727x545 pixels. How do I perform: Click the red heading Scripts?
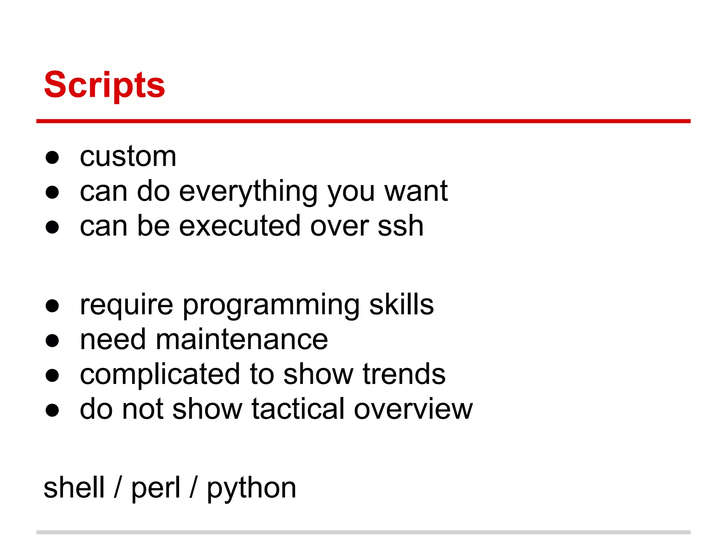click(104, 85)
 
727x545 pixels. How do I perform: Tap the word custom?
click(128, 156)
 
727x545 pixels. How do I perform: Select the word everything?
click(248, 192)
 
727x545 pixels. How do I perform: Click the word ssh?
click(400, 226)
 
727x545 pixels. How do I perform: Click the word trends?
click(404, 374)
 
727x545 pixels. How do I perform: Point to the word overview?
click(413, 409)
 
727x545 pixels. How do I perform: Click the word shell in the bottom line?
click(74, 488)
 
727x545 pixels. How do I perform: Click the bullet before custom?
click(52, 157)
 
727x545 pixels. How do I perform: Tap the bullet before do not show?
click(52, 410)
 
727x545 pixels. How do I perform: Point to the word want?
click(416, 191)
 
